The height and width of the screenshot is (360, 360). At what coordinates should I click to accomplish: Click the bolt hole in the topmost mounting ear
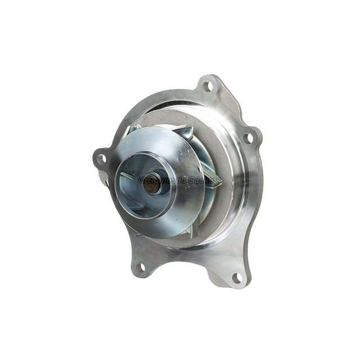(x=208, y=86)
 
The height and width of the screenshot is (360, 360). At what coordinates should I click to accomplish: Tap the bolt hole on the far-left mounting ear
(x=102, y=159)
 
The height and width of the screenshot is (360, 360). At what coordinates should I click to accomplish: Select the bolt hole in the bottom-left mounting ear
(x=140, y=268)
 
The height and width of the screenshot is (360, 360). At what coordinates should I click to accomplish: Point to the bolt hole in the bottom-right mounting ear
(x=236, y=277)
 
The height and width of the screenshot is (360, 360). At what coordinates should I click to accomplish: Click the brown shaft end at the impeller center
(x=151, y=184)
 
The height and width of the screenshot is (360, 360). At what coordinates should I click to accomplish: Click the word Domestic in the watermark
(x=166, y=179)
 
